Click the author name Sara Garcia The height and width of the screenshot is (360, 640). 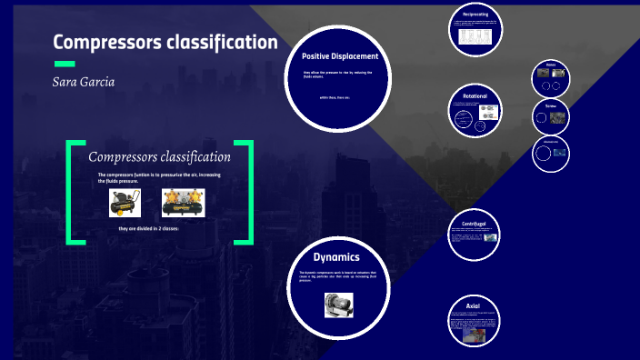click(x=84, y=82)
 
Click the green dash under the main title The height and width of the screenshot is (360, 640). click(x=65, y=64)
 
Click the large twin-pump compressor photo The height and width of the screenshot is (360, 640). click(x=182, y=202)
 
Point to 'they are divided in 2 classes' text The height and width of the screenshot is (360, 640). click(x=149, y=228)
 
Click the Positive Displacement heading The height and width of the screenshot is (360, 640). click(x=339, y=56)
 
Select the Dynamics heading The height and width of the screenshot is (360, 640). click(x=337, y=257)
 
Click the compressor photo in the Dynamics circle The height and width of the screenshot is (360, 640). click(x=338, y=304)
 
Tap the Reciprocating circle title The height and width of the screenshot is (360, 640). click(x=475, y=15)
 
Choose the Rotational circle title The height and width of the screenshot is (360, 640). click(x=475, y=95)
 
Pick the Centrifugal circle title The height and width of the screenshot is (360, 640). click(x=475, y=223)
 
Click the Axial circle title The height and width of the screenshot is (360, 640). click(x=474, y=306)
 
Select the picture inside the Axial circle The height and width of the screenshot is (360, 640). click(x=475, y=335)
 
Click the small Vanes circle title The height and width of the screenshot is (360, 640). click(x=551, y=65)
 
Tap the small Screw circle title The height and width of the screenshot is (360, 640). click(x=551, y=105)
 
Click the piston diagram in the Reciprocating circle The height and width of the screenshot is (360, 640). click(x=475, y=36)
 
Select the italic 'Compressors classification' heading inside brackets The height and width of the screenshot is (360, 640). click(x=159, y=157)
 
